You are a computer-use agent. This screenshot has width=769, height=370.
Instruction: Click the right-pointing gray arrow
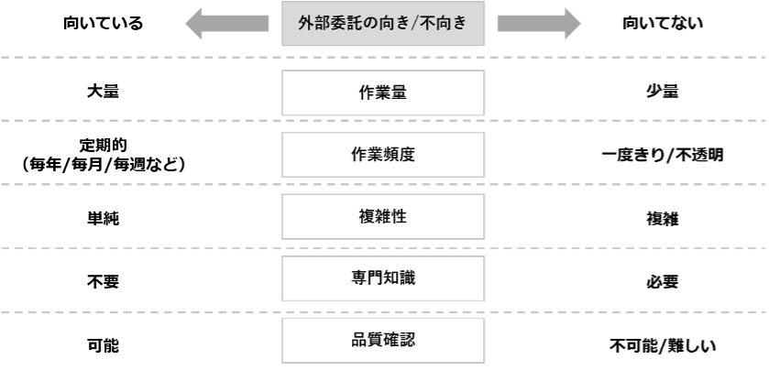[539, 24]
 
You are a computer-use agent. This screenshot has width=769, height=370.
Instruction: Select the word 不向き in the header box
[447, 24]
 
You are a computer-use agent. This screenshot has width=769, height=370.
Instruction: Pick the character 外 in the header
[306, 24]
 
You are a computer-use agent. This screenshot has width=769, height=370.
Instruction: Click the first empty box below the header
[383, 92]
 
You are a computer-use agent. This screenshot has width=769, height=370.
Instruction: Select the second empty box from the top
[383, 155]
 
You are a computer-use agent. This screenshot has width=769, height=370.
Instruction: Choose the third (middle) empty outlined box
[383, 216]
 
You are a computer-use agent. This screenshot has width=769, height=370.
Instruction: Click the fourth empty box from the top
[383, 278]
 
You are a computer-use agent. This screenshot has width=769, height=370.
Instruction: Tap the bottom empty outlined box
[383, 341]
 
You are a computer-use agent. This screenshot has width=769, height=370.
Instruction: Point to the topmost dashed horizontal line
[137, 58]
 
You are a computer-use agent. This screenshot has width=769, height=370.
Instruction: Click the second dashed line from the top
[137, 120]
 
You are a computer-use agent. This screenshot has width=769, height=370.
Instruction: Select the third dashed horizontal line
[137, 184]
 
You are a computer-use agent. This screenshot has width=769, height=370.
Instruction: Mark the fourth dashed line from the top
[137, 247]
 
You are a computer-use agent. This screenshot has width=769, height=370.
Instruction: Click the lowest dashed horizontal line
[137, 312]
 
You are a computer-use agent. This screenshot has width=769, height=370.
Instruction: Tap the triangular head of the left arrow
[194, 24]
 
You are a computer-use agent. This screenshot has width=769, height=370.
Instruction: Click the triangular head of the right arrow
[572, 24]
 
